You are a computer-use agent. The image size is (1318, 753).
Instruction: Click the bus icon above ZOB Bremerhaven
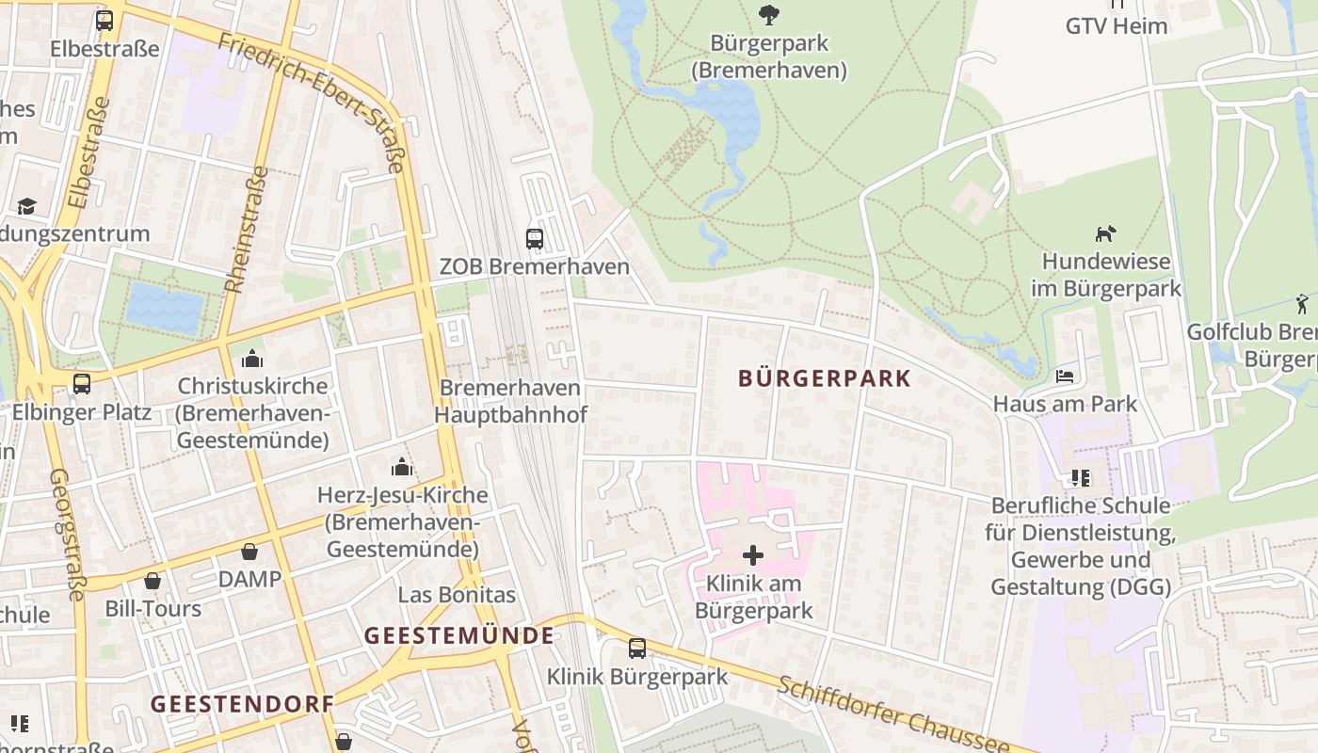(535, 239)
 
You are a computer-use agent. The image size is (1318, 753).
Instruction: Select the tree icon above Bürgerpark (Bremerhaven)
(769, 14)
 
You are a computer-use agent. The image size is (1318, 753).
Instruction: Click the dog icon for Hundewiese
(1105, 233)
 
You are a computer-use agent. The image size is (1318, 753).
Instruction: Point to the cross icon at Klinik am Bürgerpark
(753, 555)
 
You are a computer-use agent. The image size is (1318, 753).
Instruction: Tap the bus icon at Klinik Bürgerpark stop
(637, 648)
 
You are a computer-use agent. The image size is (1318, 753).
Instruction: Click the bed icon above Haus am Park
(1065, 376)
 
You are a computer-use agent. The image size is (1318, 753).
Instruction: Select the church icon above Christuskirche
(252, 359)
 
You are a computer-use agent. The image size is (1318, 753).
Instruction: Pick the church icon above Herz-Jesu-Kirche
(402, 467)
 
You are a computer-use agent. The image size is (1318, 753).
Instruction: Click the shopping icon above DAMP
(249, 552)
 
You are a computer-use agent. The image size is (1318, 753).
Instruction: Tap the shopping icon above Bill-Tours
(153, 581)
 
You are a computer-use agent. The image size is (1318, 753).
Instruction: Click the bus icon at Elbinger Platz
(82, 384)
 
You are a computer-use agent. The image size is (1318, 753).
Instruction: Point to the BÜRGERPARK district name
(825, 378)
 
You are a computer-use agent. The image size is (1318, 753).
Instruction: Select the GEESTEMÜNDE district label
(459, 635)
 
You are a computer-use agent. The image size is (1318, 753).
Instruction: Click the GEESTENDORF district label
(242, 704)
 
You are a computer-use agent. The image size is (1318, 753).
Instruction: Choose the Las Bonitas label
(457, 595)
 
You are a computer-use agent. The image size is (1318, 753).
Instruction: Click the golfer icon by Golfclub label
(1302, 304)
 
